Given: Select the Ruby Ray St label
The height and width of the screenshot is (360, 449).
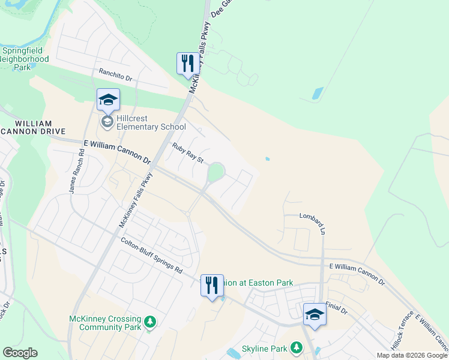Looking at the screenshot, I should [188, 153].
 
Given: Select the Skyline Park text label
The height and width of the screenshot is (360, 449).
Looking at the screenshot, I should [265, 349].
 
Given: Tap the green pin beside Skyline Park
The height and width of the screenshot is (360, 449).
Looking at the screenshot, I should [296, 347].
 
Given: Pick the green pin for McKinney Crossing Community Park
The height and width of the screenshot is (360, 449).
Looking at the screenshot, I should [150, 323].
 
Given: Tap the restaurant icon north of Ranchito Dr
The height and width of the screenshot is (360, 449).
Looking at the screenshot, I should [188, 64].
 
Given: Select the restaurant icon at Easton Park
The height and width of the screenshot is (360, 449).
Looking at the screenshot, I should [212, 286].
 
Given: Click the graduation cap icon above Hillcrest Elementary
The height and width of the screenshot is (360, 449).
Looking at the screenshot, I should [108, 100].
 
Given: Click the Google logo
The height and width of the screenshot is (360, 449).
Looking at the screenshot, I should [20, 353].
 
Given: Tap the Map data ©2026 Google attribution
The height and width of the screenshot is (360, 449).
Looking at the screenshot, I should [412, 355].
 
